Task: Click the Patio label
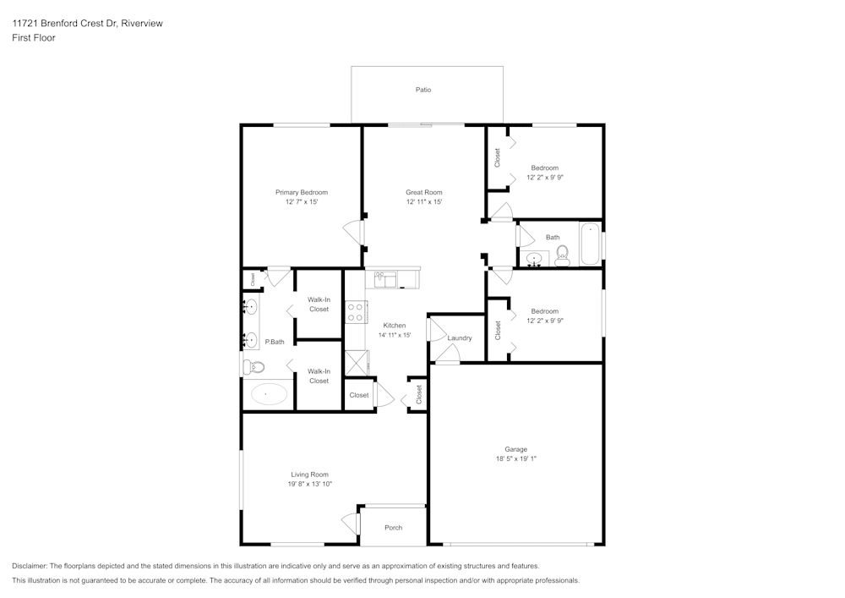423,90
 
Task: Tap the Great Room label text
423,193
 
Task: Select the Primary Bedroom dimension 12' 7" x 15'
302,202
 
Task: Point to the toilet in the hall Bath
563,253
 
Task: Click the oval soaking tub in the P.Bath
270,394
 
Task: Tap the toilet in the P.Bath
253,367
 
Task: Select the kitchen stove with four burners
355,312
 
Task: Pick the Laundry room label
460,338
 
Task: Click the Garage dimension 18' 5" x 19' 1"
516,459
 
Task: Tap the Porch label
394,528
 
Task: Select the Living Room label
310,475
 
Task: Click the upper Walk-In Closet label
319,304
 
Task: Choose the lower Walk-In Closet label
319,376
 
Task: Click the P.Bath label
274,343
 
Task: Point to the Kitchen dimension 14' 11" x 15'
395,335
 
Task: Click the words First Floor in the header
34,38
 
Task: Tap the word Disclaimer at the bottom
30,566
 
